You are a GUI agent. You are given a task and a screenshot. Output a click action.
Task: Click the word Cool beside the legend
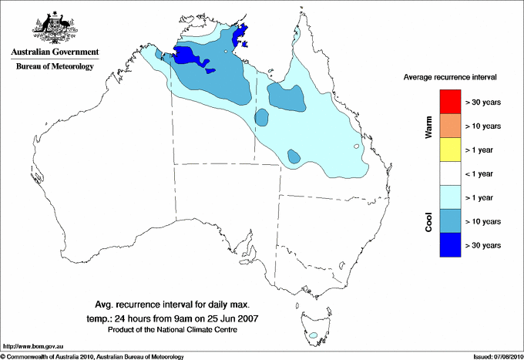429,221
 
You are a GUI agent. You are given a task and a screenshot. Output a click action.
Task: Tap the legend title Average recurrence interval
450,78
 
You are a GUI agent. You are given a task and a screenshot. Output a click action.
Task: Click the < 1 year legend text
482,173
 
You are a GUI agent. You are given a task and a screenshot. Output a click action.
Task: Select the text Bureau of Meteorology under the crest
55,67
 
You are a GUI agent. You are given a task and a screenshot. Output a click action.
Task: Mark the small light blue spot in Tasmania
313,335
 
